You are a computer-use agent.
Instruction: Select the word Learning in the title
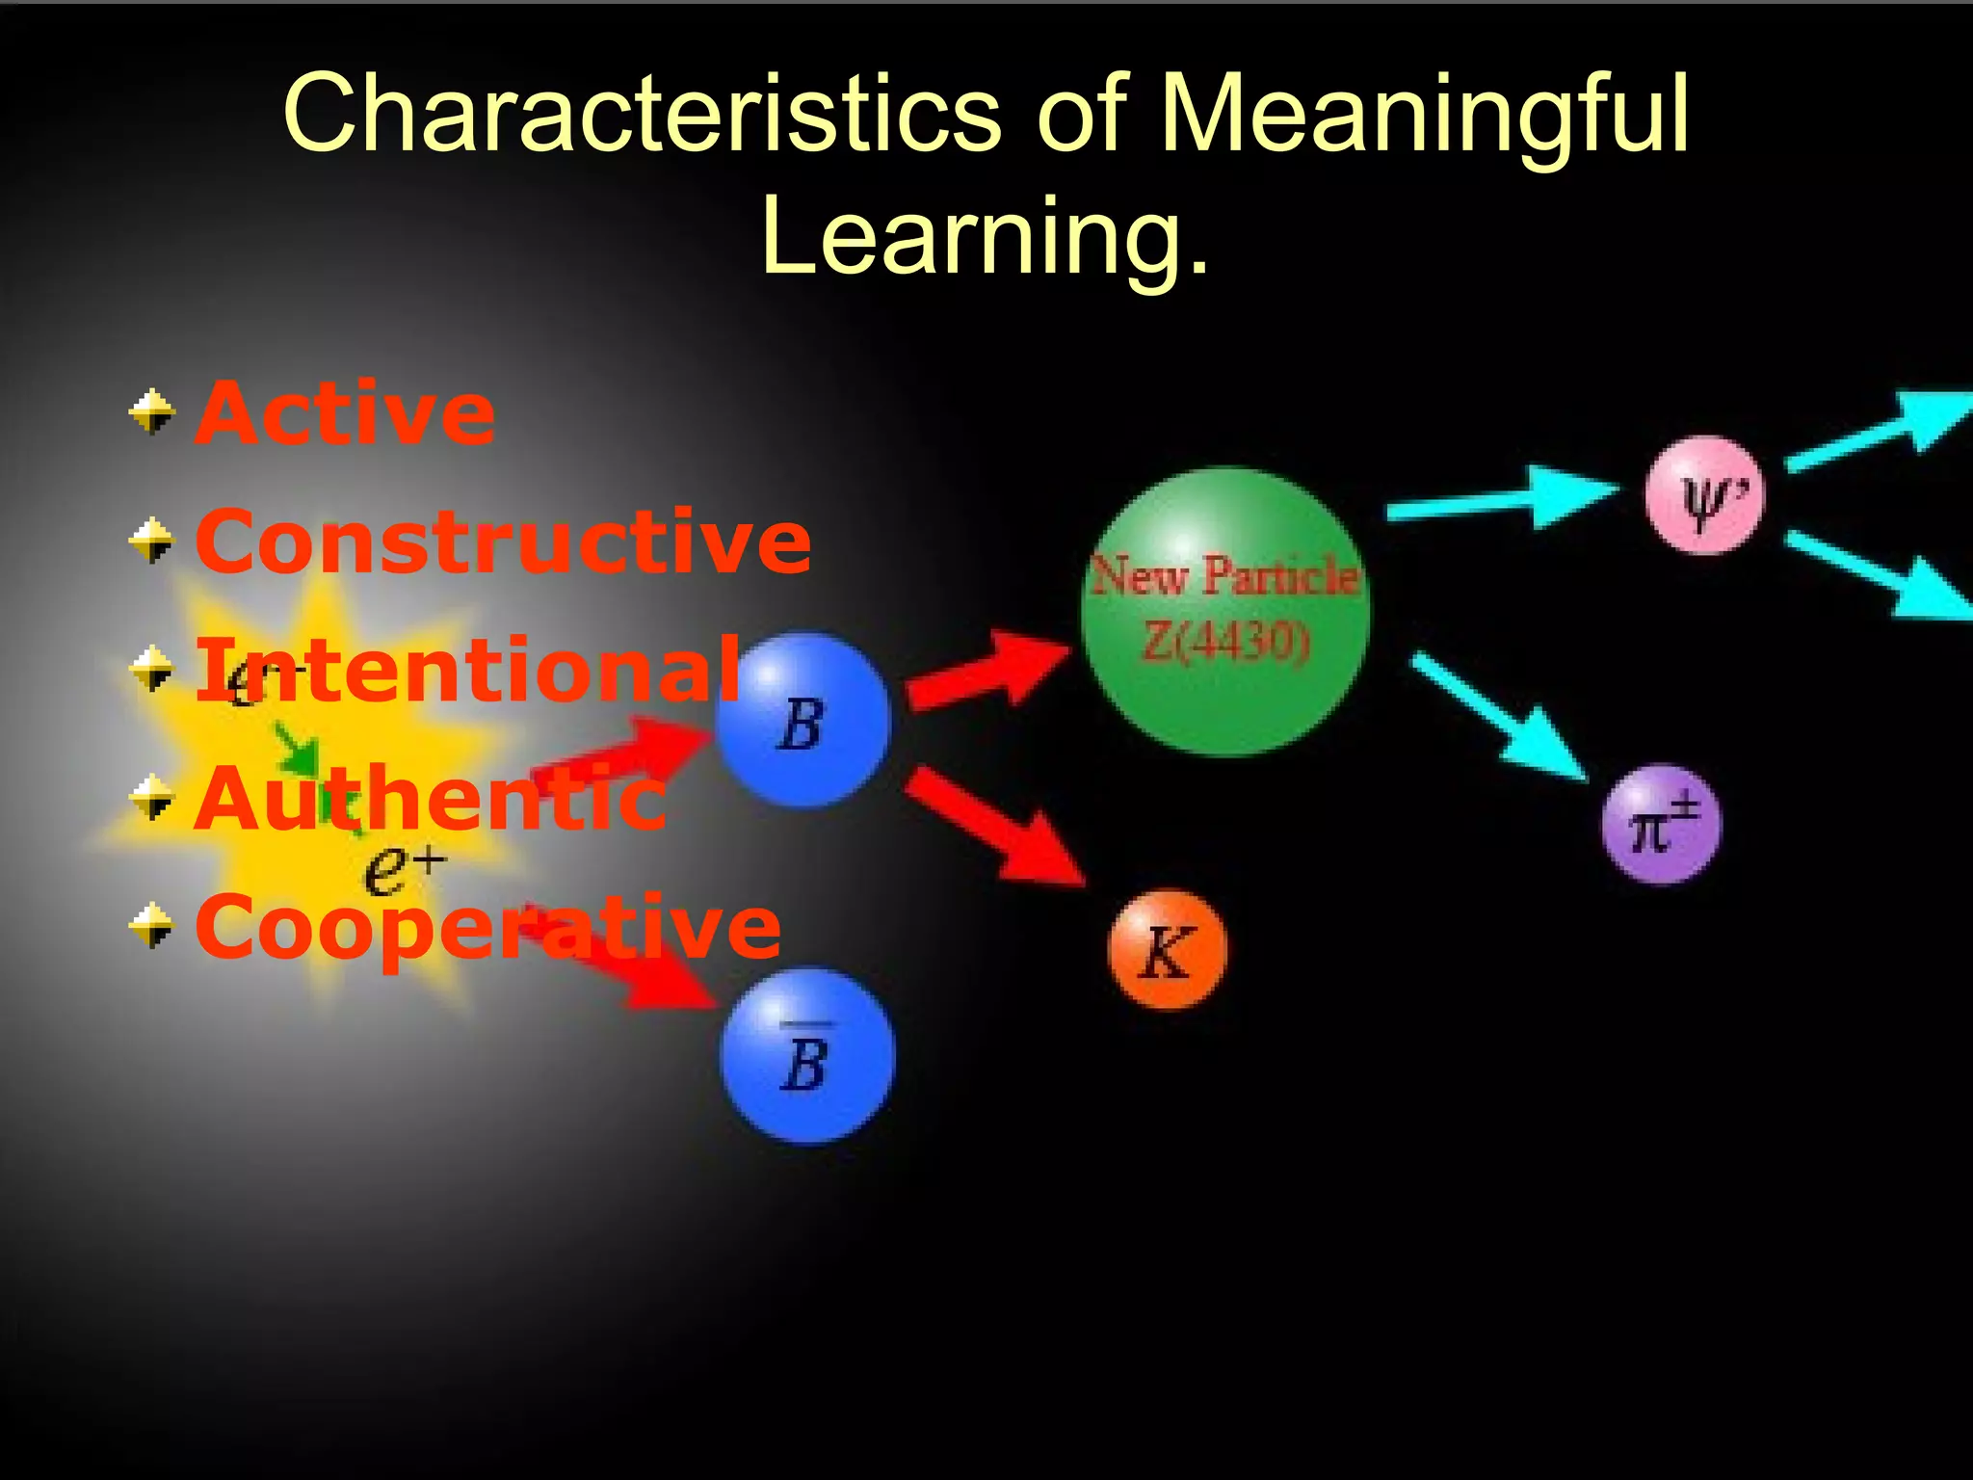[973, 236]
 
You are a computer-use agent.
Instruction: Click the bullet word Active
[345, 413]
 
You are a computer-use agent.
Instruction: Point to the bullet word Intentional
[468, 670]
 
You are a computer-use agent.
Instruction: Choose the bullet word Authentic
[430, 798]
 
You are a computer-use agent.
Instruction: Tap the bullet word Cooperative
[487, 927]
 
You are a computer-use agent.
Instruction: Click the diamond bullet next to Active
[152, 413]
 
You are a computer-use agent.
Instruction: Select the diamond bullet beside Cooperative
[152, 926]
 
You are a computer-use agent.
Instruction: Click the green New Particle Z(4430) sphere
[1224, 611]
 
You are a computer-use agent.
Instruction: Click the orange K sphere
[1167, 950]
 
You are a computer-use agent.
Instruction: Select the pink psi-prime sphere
[1704, 495]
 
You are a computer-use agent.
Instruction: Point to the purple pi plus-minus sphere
[1661, 825]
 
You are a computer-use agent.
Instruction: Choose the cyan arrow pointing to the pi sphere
[1503, 717]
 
